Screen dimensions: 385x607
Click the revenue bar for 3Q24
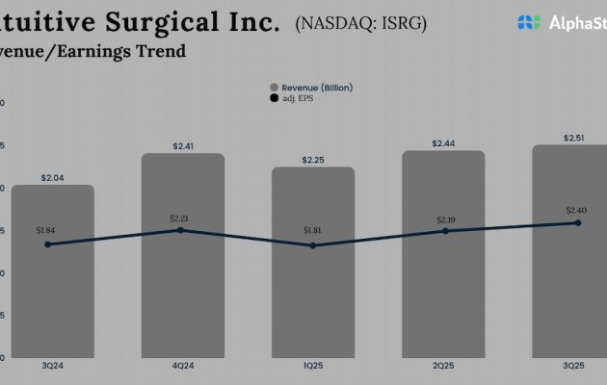pyautogui.click(x=52, y=289)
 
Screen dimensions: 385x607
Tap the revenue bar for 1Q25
pyautogui.click(x=313, y=289)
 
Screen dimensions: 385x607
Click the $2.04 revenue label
pyautogui.click(x=52, y=177)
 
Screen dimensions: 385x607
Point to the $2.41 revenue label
pyautogui.click(x=183, y=146)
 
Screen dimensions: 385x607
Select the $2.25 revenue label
pyautogui.click(x=313, y=160)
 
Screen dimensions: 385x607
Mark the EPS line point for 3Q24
pyautogui.click(x=48, y=244)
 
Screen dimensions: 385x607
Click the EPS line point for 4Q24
pyautogui.click(x=180, y=230)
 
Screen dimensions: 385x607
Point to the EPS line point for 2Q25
pyautogui.click(x=445, y=231)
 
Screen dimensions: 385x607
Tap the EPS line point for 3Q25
pyautogui.click(x=578, y=222)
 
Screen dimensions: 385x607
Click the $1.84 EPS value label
pyautogui.click(x=45, y=230)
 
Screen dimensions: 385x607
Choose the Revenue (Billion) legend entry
pyautogui.click(x=314, y=88)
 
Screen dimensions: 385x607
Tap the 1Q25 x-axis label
pyautogui.click(x=313, y=367)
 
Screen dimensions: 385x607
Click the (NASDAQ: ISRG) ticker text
pyautogui.click(x=359, y=21)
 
